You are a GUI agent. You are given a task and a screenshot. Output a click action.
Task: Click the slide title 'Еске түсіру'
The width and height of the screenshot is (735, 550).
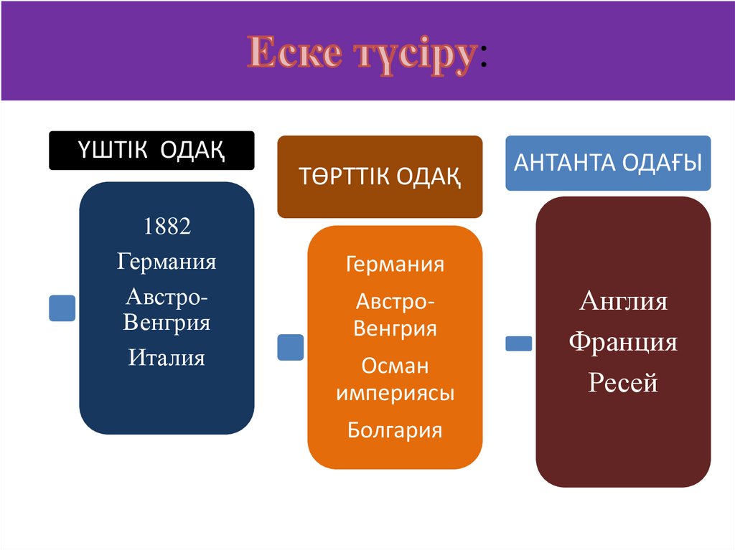tap(362, 54)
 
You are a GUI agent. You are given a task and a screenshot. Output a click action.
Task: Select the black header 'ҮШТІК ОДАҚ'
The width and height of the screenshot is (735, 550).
tap(151, 151)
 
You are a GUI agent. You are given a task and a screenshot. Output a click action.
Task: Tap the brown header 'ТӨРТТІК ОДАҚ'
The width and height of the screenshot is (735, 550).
tap(380, 176)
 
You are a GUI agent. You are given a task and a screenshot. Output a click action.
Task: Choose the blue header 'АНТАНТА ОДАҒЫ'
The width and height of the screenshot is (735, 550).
tap(608, 163)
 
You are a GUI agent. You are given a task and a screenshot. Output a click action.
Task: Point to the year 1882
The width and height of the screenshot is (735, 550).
tap(167, 227)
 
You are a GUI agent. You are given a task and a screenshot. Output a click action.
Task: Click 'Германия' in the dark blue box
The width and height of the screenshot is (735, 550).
tap(167, 261)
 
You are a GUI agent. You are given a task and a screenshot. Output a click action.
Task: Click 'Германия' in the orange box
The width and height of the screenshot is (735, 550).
tap(395, 264)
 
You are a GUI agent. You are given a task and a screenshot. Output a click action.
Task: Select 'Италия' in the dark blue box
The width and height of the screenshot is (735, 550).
tap(167, 356)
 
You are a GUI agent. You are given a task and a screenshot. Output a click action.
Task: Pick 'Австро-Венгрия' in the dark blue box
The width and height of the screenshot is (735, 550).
tap(167, 309)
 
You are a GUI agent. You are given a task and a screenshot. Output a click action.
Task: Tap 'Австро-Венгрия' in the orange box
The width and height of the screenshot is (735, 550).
tap(395, 316)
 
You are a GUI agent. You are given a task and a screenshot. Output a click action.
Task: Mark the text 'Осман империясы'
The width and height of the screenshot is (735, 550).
tap(395, 379)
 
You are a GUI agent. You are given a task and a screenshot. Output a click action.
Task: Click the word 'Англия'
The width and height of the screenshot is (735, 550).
tap(623, 301)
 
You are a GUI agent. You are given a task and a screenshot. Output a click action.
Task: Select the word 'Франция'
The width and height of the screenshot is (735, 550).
tap(623, 342)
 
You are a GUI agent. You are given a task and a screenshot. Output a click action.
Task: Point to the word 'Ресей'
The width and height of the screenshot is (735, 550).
tap(623, 383)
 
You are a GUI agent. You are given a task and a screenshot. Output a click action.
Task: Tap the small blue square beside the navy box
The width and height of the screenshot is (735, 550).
tap(62, 308)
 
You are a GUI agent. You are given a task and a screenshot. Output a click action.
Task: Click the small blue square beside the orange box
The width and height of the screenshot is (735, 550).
tap(290, 347)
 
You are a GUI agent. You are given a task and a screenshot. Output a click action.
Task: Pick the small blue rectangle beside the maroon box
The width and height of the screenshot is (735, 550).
tap(519, 343)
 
